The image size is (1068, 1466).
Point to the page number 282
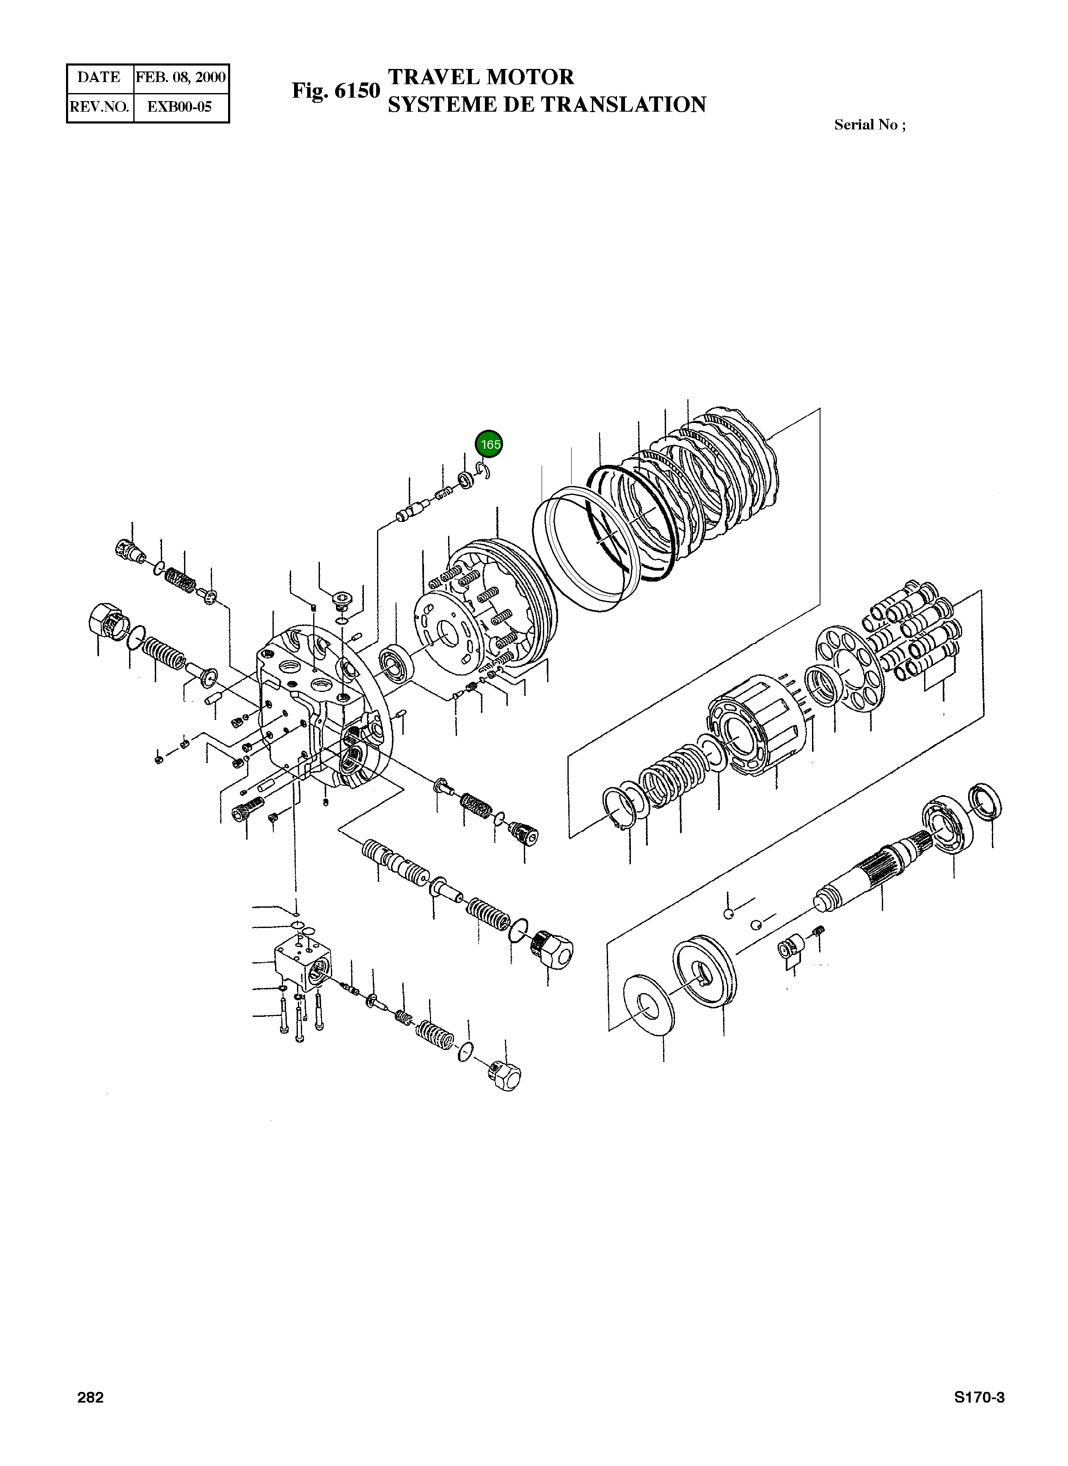(x=91, y=1397)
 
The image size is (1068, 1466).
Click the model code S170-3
(x=979, y=1397)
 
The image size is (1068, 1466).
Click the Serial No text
(x=870, y=125)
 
